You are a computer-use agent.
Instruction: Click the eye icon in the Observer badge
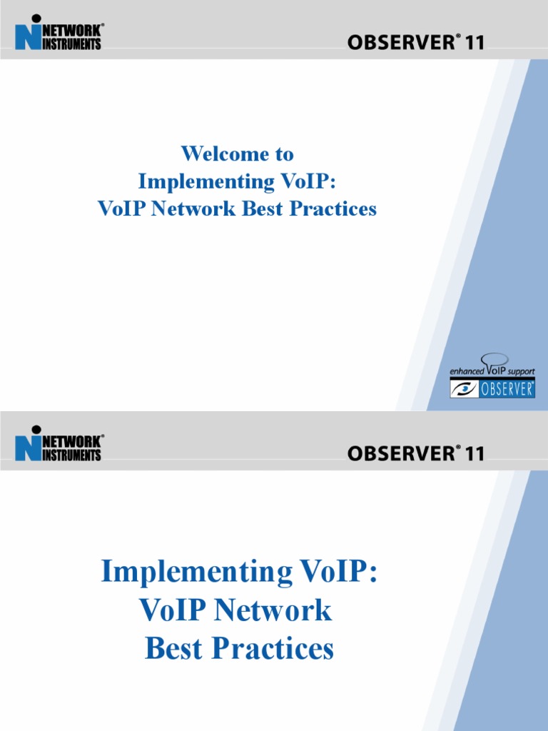pyautogui.click(x=464, y=389)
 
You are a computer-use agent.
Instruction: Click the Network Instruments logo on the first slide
pyautogui.click(x=59, y=35)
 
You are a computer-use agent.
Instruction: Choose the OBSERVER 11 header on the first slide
pyautogui.click(x=415, y=43)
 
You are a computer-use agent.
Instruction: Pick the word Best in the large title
pyautogui.click(x=174, y=649)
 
